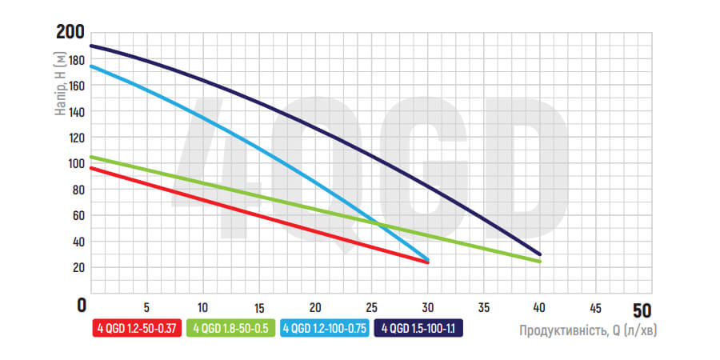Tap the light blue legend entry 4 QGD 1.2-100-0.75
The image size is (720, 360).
pos(325,327)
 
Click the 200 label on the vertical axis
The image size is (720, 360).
pos(70,32)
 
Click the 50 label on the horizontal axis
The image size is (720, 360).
pos(642,309)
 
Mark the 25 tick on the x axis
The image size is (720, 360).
pos(371,306)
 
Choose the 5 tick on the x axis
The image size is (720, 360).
pos(146,306)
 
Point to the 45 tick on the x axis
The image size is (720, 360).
pos(595,306)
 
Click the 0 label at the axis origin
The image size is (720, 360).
pos(81,305)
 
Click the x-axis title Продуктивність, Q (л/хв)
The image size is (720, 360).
pos(592,330)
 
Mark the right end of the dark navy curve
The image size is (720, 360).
pos(540,254)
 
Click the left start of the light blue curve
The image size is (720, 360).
pos(90,66)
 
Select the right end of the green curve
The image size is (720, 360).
pos(540,262)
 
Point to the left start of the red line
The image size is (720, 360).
pos(90,168)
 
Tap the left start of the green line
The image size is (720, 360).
pos(90,157)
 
